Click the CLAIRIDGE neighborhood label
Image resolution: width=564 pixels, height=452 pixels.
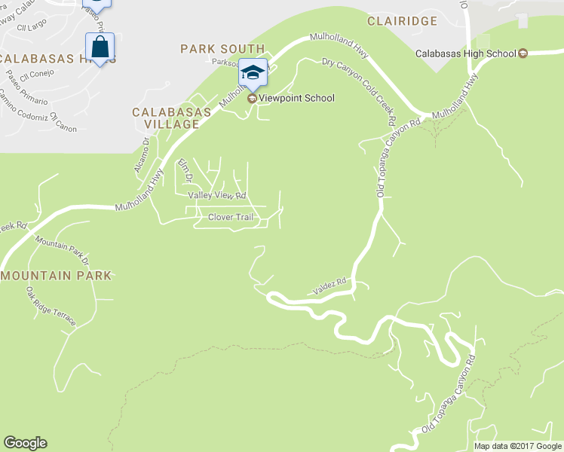(x=402, y=21)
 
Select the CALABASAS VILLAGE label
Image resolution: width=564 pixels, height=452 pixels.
(x=171, y=118)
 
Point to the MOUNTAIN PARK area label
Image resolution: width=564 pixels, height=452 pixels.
(x=57, y=276)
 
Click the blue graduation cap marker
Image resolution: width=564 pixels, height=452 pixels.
(x=253, y=73)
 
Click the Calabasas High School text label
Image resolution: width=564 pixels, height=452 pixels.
(x=465, y=53)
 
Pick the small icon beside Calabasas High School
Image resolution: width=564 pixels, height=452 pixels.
(x=522, y=53)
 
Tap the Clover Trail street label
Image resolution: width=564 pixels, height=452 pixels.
(x=230, y=218)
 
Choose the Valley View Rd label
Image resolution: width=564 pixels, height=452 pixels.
(x=217, y=195)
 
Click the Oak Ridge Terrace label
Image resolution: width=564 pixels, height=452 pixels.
(x=51, y=307)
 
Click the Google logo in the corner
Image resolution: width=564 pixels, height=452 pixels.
(x=25, y=443)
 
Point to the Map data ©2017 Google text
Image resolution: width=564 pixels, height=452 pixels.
(x=517, y=446)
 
